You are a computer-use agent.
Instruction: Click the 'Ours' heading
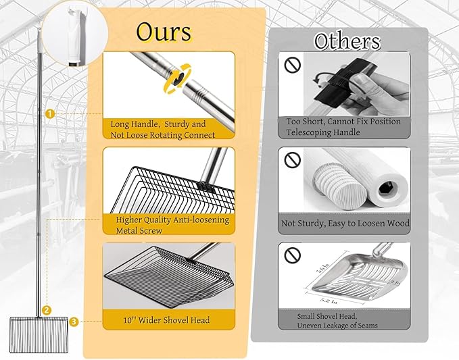coord(163,32)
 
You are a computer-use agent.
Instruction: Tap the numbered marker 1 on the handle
coord(49,114)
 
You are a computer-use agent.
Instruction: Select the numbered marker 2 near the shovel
coord(46,310)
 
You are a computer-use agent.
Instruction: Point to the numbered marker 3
coord(74,322)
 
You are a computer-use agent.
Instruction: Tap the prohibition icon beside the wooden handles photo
coord(292,160)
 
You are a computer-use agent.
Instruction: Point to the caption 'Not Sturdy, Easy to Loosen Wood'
coord(345,224)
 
